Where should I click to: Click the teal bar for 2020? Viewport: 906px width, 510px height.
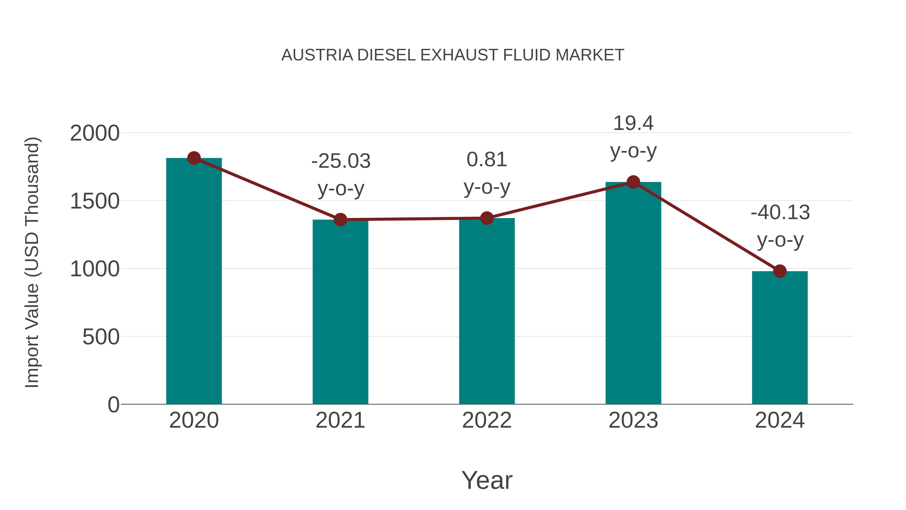pyautogui.click(x=194, y=282)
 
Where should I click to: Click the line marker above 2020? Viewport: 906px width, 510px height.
pyautogui.click(x=194, y=158)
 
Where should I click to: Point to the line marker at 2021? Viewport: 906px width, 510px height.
pyautogui.click(x=340, y=220)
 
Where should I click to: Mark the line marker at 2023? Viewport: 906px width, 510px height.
pyautogui.click(x=633, y=182)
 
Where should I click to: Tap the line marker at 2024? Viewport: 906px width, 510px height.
pyautogui.click(x=780, y=271)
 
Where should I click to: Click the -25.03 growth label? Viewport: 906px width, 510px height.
pyautogui.click(x=341, y=161)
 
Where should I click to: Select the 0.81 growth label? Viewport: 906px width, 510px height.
pyautogui.click(x=487, y=160)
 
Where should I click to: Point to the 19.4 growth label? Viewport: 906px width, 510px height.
pyautogui.click(x=633, y=124)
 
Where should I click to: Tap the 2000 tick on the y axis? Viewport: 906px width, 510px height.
pyautogui.click(x=95, y=133)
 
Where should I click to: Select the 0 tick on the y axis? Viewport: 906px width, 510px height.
pyautogui.click(x=113, y=405)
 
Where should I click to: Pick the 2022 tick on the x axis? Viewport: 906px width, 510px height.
pyautogui.click(x=487, y=420)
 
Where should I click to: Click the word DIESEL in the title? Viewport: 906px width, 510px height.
pyautogui.click(x=386, y=55)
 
